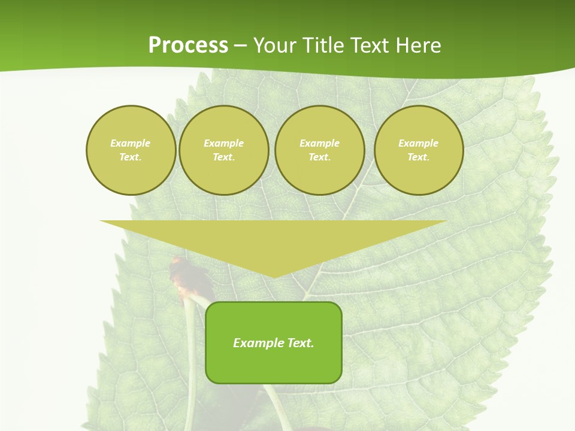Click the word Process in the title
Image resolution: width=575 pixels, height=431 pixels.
tap(188, 45)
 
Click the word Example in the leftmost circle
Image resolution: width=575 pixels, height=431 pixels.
tap(131, 143)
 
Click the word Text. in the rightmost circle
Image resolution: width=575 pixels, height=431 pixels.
tap(419, 157)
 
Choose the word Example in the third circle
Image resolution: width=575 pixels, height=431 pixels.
tap(320, 143)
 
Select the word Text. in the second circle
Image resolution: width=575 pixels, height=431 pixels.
tap(224, 157)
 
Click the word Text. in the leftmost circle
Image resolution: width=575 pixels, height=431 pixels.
tap(131, 157)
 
